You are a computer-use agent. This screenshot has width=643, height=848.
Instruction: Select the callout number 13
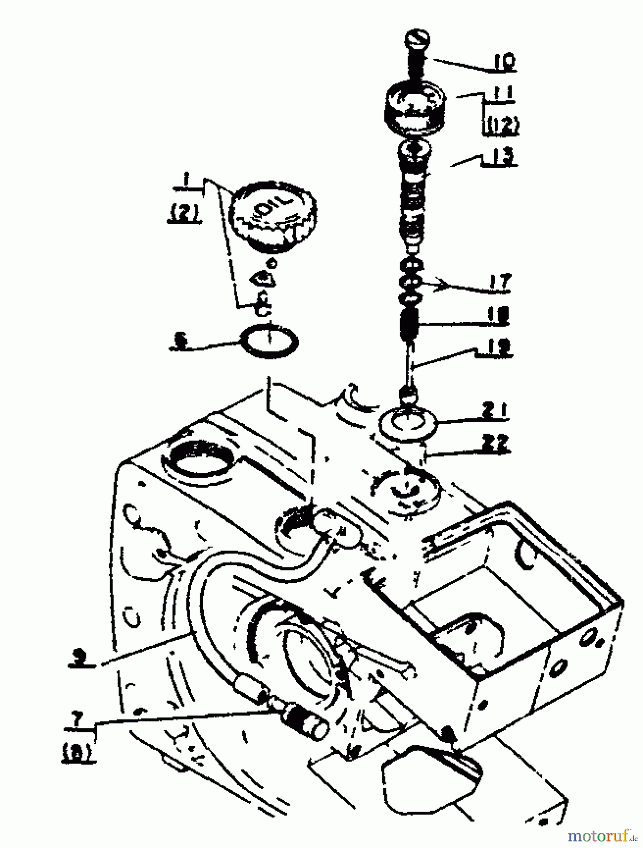coord(502,156)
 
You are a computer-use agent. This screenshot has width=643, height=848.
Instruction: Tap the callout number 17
coord(498,282)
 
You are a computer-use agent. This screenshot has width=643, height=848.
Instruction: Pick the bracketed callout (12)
coord(500,124)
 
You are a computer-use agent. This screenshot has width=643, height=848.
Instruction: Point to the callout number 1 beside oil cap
coord(186,180)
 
